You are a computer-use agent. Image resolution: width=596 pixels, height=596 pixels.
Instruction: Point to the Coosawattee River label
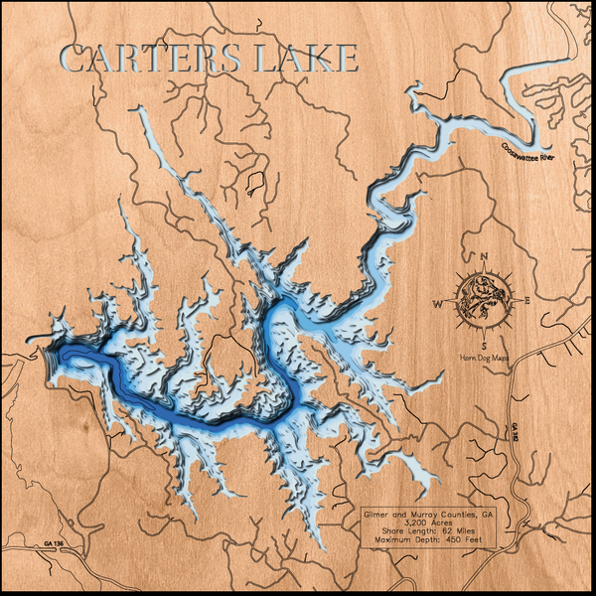tap(532, 153)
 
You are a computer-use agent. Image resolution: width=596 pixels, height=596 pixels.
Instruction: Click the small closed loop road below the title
tap(255, 181)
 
